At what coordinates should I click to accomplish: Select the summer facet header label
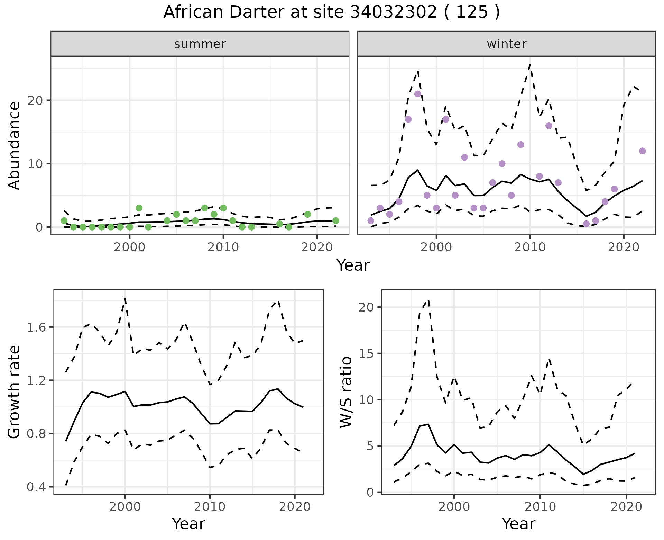point(200,44)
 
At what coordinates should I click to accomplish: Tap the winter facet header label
point(506,44)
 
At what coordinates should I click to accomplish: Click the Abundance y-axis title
point(15,145)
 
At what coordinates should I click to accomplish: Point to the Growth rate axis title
point(15,392)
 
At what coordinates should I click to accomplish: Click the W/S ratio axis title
point(346,392)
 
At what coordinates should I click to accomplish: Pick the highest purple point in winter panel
point(417,94)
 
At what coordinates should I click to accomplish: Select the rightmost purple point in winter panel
point(642,151)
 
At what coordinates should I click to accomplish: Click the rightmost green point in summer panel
point(335,220)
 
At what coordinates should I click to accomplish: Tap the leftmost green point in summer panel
point(64,220)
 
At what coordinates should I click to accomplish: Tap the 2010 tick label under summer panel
point(223,247)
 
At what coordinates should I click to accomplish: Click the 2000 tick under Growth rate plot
point(125,507)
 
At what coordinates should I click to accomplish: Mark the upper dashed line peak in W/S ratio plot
point(428,300)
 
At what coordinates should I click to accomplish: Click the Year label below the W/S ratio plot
point(518,524)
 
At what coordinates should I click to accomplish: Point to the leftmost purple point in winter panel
point(371,220)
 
